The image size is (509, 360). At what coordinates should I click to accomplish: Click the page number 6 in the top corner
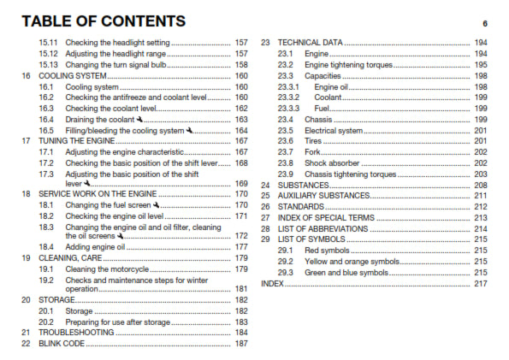pyautogui.click(x=484, y=24)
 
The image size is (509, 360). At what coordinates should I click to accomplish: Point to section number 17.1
pyautogui.click(x=47, y=151)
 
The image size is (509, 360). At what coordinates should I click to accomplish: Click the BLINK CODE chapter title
pyautogui.click(x=61, y=343)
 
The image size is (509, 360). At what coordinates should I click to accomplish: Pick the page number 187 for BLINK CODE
pyautogui.click(x=241, y=343)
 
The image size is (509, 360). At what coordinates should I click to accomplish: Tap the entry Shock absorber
pyautogui.click(x=330, y=162)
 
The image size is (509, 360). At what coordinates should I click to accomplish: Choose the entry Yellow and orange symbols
pyautogui.click(x=352, y=261)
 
